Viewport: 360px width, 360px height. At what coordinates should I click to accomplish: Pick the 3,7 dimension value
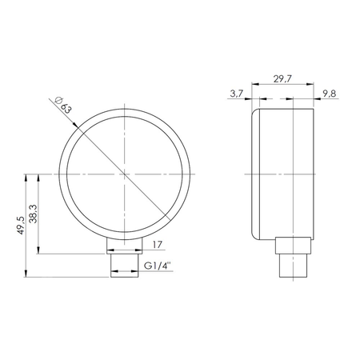[236, 94]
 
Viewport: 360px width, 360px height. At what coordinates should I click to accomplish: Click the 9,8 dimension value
[328, 94]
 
